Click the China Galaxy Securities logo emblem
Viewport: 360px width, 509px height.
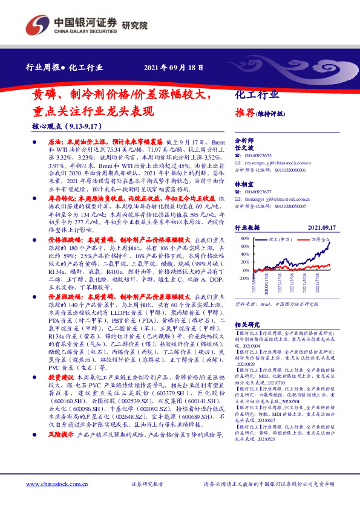pyautogui.click(x=38, y=25)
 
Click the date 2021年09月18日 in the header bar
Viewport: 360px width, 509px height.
pyautogui.click(x=174, y=68)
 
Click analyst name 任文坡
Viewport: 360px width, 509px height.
pyautogui.click(x=243, y=148)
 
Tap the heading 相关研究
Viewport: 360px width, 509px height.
pyautogui.click(x=247, y=325)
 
